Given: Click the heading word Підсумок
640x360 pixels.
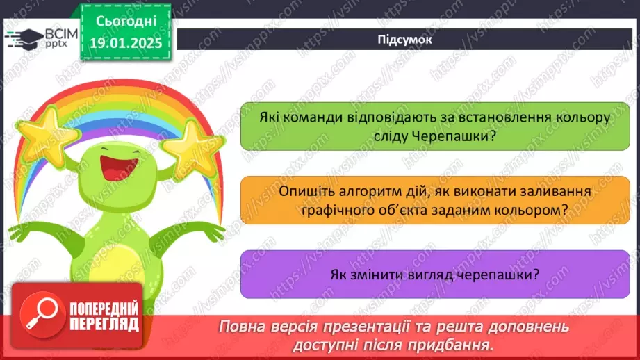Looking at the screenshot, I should coord(404,40).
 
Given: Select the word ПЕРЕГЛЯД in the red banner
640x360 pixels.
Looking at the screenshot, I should coord(104,324).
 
